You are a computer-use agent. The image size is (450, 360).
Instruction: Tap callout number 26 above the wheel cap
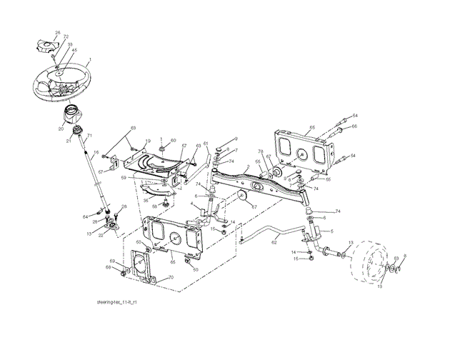coord(58,32)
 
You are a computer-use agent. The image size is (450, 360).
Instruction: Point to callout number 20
coord(61,130)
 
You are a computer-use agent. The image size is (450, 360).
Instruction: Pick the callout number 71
coord(90,135)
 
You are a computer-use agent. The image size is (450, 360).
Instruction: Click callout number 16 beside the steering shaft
coord(96,153)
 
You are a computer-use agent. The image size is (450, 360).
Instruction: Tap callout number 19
coord(148,141)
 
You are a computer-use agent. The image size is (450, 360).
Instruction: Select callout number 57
coord(184,146)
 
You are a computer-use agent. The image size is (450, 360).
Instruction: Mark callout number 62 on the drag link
coord(274,242)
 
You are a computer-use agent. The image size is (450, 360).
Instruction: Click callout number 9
coord(236,138)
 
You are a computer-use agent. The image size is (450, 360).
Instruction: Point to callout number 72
coord(66,36)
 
